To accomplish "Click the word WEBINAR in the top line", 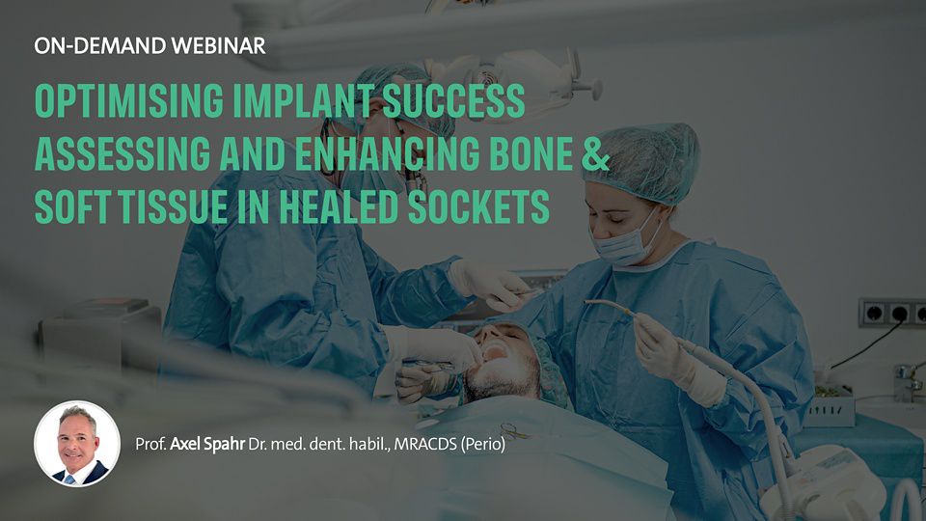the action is [218, 45].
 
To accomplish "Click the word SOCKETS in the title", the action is [479, 206].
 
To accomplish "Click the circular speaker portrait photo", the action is [77, 444].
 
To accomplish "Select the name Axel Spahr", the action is [207, 444].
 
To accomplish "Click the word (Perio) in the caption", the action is [483, 444].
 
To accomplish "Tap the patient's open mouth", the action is [495, 353].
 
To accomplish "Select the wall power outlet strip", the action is [892, 313].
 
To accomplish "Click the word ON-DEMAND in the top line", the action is [99, 45].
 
